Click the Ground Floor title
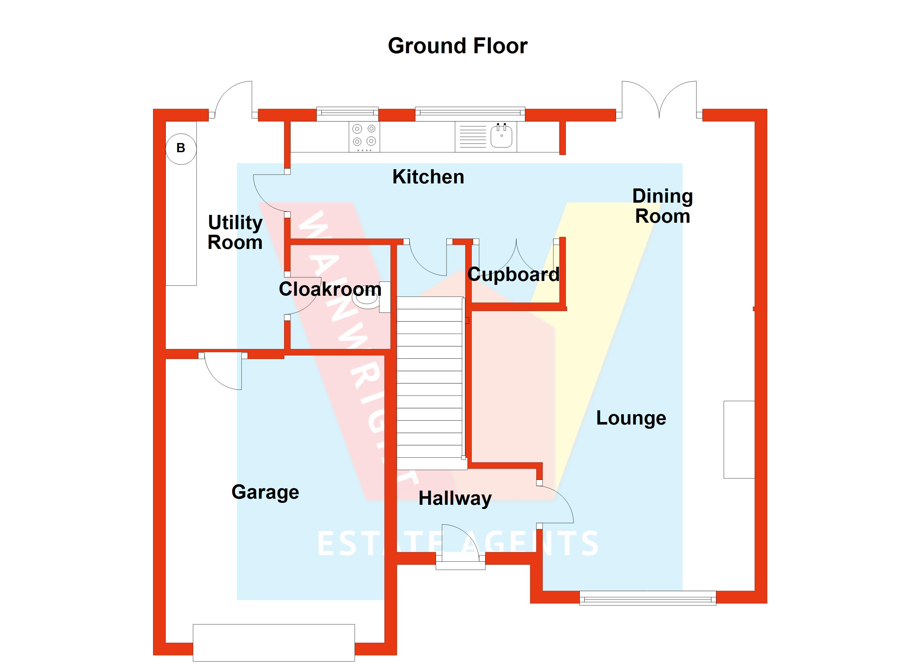457,46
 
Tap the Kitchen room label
428,177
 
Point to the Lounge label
631,418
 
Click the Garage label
265,492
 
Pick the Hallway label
455,498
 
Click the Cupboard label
513,275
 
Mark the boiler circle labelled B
181,149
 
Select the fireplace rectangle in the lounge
739,439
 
